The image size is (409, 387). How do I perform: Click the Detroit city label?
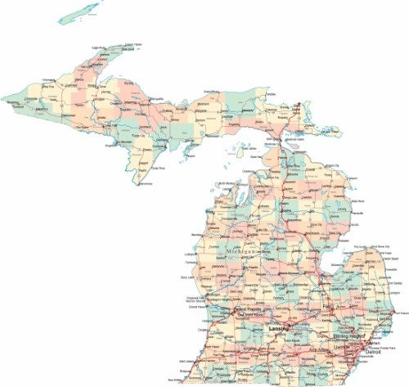tap(362, 352)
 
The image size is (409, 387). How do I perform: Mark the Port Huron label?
tap(398, 313)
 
